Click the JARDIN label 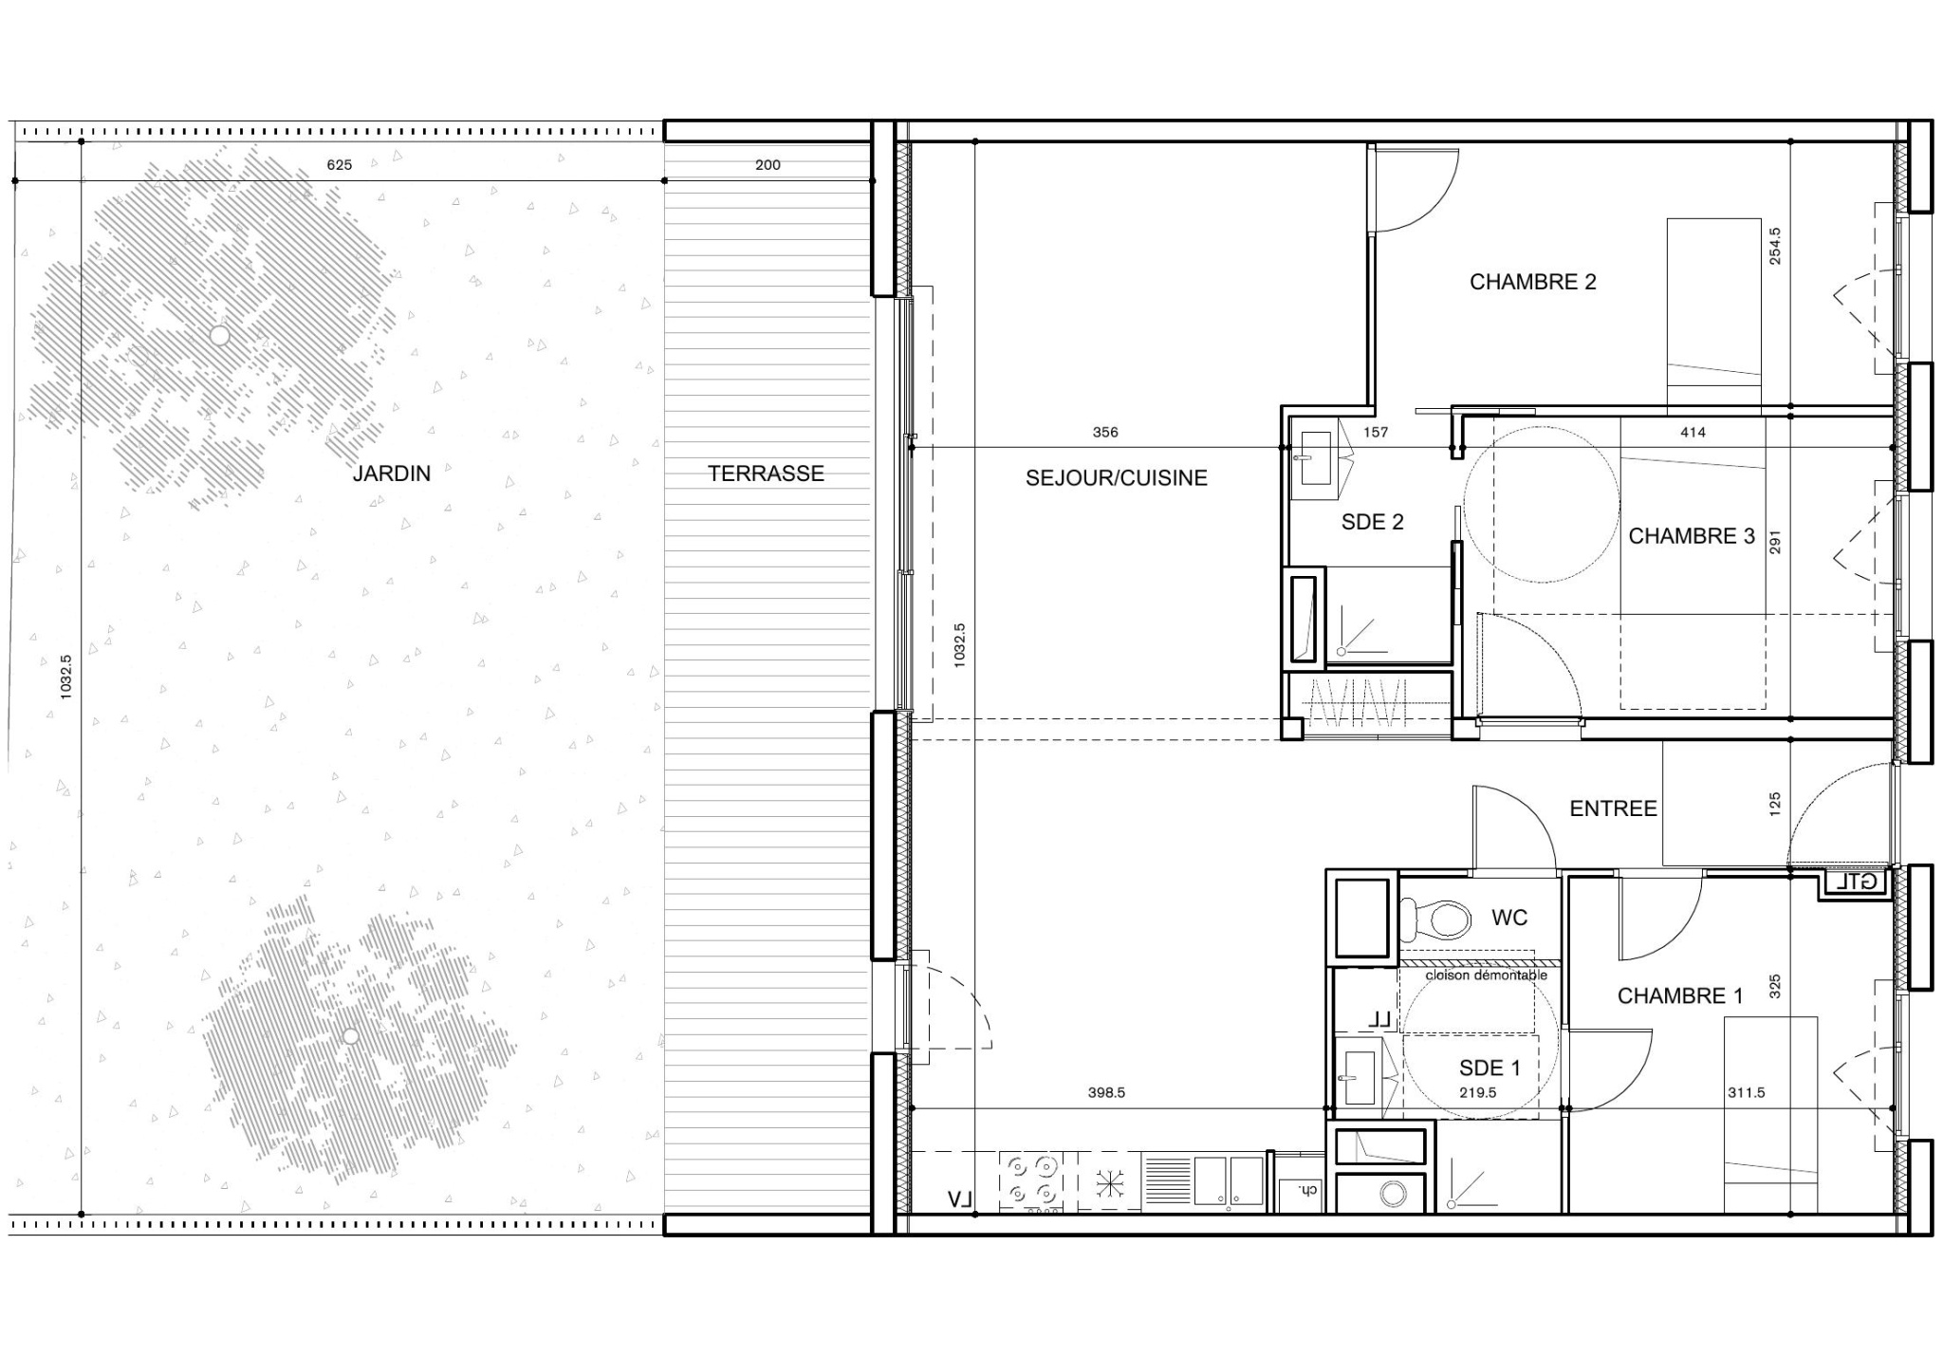[392, 474]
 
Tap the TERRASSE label [766, 474]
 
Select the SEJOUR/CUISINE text [1117, 478]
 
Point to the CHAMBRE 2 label [1533, 282]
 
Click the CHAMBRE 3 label [1692, 536]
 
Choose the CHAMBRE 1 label [1680, 996]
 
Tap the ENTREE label [1613, 808]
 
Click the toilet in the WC [1435, 919]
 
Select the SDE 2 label [1372, 522]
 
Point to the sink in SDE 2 [1318, 457]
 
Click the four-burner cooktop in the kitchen [1031, 1180]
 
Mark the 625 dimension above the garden [340, 165]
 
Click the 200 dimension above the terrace [768, 165]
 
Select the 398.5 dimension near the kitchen [1106, 1093]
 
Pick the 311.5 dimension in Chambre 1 [1746, 1093]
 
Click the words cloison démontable [1486, 975]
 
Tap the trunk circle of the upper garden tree [219, 336]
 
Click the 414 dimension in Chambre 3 [1693, 433]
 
